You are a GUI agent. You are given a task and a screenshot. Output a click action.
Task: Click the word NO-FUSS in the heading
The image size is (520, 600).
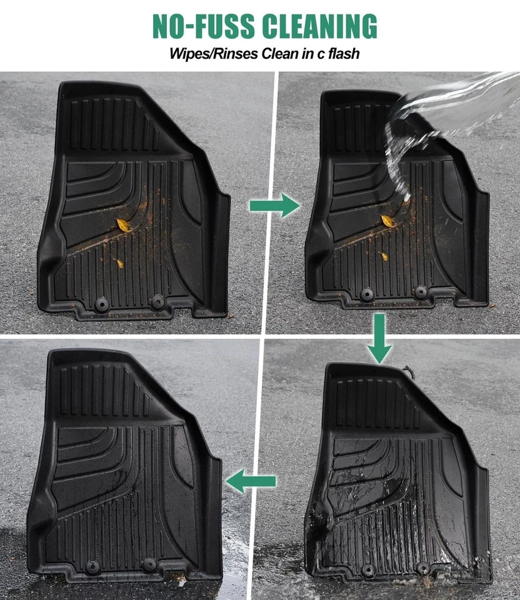point(204,26)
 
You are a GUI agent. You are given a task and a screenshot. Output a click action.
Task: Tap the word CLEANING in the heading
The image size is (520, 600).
point(320,26)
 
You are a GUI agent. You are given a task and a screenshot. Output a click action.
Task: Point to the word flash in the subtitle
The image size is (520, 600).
point(344,53)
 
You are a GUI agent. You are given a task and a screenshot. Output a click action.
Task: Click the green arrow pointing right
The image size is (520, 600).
point(274,206)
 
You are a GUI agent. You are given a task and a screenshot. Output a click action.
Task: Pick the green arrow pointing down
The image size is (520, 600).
point(379,338)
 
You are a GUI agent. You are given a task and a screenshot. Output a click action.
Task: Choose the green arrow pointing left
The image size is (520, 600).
point(251,481)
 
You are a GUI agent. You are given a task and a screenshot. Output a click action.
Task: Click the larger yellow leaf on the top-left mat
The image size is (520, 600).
point(122,224)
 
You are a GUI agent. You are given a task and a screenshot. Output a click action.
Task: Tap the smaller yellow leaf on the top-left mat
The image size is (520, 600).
point(119,263)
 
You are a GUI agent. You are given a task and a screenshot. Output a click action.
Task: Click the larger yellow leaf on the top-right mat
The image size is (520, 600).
point(387,221)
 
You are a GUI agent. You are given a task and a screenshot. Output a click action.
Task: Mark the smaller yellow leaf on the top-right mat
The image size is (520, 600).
point(384,256)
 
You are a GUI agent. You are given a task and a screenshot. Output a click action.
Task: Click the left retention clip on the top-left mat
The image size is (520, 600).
point(101,305)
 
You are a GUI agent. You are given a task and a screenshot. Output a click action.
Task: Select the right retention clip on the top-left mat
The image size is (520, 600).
point(157,302)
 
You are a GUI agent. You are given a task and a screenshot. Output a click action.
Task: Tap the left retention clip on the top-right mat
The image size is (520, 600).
point(367,294)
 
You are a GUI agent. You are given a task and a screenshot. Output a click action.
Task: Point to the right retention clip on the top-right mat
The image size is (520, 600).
point(421,292)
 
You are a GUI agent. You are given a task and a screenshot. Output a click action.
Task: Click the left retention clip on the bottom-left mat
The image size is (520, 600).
point(92,567)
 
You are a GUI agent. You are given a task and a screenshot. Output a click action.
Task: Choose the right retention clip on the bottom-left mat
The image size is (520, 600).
point(149,564)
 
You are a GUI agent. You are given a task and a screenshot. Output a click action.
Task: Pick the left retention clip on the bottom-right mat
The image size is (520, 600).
point(367,571)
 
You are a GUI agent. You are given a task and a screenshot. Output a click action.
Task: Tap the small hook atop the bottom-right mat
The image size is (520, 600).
point(409,371)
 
